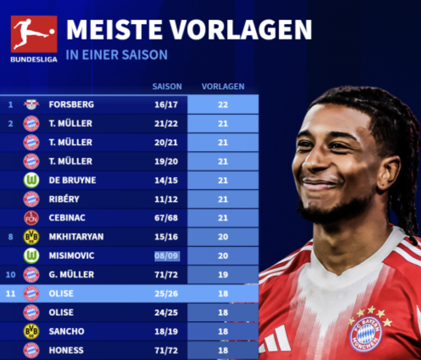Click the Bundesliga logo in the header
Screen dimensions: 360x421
(34, 38)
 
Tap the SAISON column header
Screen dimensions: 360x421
(167, 87)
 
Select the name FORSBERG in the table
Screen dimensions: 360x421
(71, 105)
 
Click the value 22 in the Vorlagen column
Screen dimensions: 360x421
(223, 105)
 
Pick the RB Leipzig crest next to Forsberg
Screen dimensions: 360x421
(31, 105)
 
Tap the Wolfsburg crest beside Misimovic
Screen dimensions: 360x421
(31, 255)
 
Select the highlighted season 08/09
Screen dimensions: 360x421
(167, 256)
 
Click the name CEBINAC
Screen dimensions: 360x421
(67, 218)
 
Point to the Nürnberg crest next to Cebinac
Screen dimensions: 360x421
(31, 218)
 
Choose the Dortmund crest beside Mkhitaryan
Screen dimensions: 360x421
(31, 237)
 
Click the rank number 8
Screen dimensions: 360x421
(11, 237)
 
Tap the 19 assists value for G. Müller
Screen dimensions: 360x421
(223, 275)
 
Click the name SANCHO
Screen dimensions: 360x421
(66, 331)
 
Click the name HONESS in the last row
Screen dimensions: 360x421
(66, 350)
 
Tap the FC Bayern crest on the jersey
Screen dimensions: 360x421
(366, 333)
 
